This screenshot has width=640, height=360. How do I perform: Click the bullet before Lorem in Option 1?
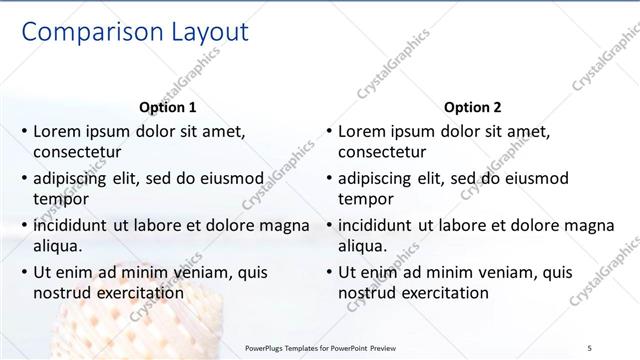tap(23, 131)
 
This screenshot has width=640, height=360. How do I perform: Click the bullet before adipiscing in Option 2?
tap(328, 178)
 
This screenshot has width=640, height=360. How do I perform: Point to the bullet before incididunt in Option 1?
tap(23, 225)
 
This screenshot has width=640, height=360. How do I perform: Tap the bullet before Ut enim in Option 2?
tap(328, 272)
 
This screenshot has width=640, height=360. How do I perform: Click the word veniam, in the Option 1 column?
tap(196, 272)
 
